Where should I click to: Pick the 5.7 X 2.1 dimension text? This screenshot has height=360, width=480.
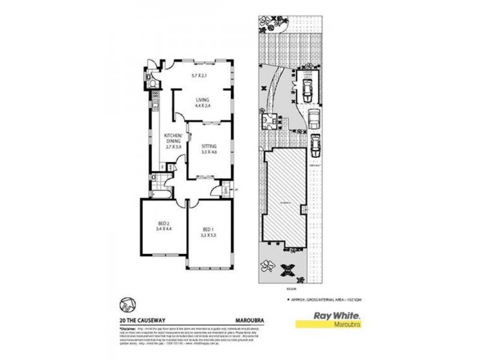click(199, 76)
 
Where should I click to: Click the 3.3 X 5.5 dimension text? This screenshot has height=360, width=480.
click(208, 235)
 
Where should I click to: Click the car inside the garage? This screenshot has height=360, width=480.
click(306, 91)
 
